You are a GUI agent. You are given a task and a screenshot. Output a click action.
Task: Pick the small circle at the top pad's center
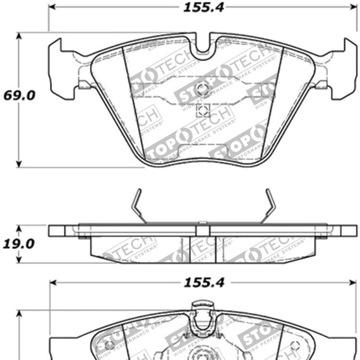(203, 88)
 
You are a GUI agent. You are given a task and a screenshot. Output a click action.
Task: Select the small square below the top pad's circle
(203, 112)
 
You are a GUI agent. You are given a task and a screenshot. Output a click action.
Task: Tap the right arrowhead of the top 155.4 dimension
(352, 8)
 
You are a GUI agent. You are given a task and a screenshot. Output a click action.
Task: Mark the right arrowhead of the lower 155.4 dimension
(352, 282)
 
